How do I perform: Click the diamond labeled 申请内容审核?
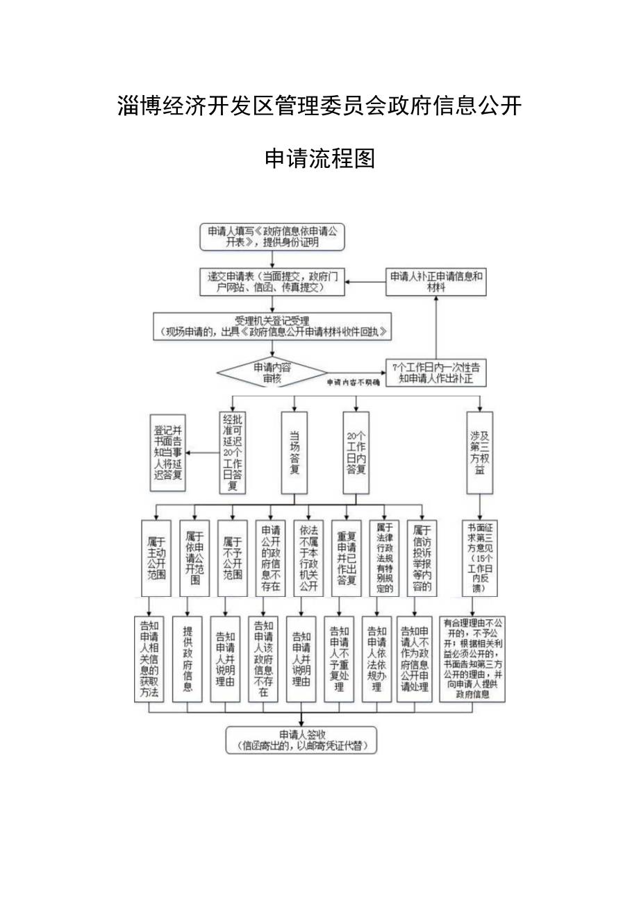(272, 373)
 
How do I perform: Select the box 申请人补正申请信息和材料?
(435, 281)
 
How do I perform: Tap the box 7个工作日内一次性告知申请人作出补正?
(435, 373)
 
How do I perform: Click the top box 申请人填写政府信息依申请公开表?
(272, 237)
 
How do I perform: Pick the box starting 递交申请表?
(272, 281)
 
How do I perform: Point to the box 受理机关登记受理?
(272, 327)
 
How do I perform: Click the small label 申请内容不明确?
(354, 383)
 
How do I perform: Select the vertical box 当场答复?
(294, 453)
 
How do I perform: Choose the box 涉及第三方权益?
(479, 453)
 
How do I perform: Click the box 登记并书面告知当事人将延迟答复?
(168, 453)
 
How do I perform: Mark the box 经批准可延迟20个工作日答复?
(232, 453)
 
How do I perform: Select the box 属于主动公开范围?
(155, 557)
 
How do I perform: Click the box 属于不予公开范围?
(232, 557)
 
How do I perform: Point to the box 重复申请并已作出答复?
(346, 557)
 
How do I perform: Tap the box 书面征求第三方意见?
(479, 557)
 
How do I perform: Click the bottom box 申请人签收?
(301, 740)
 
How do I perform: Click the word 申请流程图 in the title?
(320, 159)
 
